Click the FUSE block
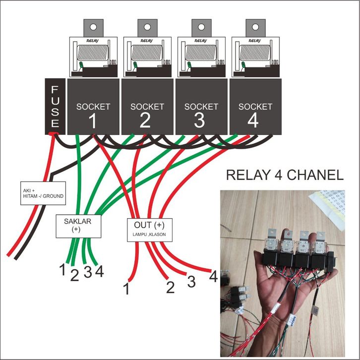[x=55, y=106]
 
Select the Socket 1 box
[x=93, y=106]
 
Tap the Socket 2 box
[x=147, y=106]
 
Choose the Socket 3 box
[x=201, y=106]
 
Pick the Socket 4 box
[x=255, y=106]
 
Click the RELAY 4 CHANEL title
[x=284, y=175]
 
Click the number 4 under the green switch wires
[x=99, y=272]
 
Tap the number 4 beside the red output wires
[x=213, y=276]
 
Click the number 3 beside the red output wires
[x=190, y=281]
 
